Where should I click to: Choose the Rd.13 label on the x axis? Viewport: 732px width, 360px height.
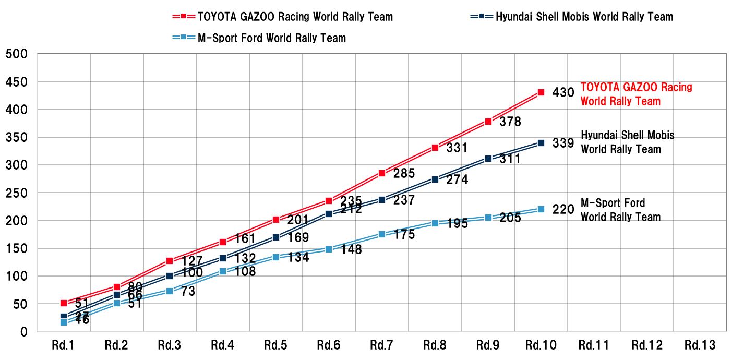tap(700, 345)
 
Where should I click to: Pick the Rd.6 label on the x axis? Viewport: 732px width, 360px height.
tap(329, 345)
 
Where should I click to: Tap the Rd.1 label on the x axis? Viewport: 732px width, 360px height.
tap(64, 345)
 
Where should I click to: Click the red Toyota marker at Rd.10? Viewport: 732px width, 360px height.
tap(541, 92)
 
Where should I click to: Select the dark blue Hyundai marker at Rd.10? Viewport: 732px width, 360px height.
tap(541, 142)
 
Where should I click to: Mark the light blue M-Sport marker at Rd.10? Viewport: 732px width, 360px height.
tap(541, 209)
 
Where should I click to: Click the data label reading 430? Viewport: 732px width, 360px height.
tap(563, 93)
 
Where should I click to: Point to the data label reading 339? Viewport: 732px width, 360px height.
tap(563, 143)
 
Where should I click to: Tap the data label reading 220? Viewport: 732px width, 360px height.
tap(563, 210)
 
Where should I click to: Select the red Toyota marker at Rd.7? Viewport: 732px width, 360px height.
tap(382, 173)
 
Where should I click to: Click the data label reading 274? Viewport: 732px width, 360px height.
tap(457, 180)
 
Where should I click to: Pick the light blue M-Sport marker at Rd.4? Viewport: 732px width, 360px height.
tap(223, 271)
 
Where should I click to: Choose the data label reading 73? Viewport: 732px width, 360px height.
tap(188, 292)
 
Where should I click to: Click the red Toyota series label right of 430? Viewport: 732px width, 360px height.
tap(636, 94)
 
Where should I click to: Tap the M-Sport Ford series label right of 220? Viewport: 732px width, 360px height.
tap(620, 210)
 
